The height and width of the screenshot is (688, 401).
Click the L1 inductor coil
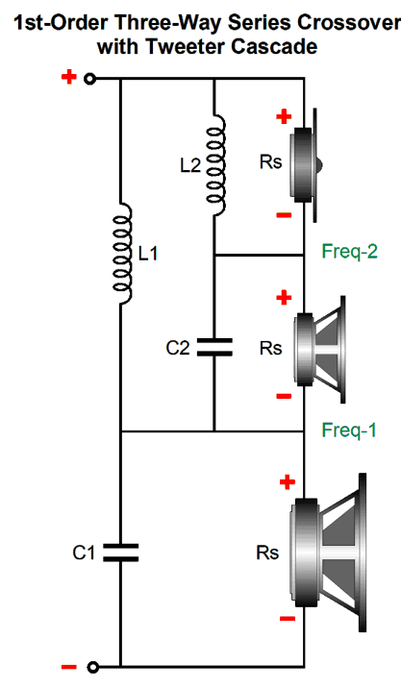pos(123,253)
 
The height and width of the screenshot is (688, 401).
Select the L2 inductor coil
pos(216,165)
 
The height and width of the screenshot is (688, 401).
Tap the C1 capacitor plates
pos(121,553)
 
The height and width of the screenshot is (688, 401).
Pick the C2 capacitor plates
pos(214,347)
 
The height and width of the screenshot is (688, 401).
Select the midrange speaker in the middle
pos(320,349)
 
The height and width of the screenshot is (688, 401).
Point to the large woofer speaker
pos(328,553)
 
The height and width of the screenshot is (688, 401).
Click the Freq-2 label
pos(350,252)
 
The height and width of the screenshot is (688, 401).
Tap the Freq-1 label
pos(349,430)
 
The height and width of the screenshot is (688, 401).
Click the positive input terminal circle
pos(89,79)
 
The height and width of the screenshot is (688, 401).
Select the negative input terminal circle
pos(92,668)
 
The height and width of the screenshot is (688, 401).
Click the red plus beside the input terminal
pos(69,77)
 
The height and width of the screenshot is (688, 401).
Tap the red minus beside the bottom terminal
pos(69,668)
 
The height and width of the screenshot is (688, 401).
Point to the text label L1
pos(148,254)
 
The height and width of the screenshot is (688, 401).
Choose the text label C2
pos(178,348)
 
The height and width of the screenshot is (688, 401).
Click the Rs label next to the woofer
pos(267,553)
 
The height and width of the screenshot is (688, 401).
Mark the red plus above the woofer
pos(288,482)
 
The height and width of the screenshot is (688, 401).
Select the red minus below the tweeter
pos(284,214)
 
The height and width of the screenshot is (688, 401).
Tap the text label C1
pos(84,553)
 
